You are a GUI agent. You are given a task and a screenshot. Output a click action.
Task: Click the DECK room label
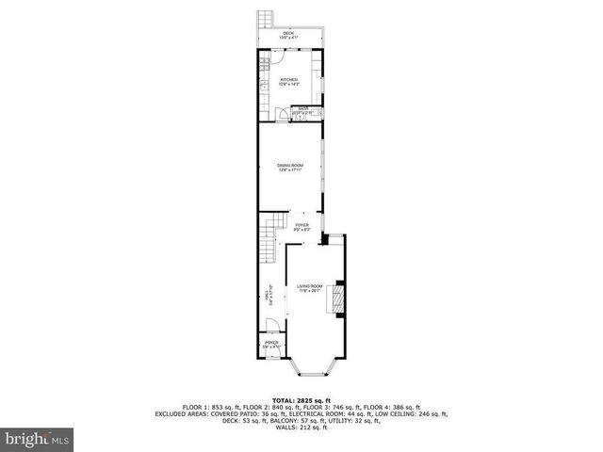(x=288, y=33)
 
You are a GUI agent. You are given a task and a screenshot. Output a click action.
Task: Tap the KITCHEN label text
(x=289, y=79)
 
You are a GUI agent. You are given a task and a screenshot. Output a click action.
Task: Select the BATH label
(x=303, y=109)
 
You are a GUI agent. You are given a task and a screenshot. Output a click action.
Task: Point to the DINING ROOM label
(x=290, y=166)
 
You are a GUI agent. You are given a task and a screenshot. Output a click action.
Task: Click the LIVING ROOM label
(x=309, y=285)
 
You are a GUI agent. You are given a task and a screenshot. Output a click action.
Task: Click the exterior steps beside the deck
(x=265, y=19)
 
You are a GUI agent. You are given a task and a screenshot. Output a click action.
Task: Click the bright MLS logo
(x=37, y=438)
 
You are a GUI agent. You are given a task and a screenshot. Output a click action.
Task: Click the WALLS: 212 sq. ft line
(x=301, y=428)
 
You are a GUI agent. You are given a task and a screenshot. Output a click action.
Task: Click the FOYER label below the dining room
(x=301, y=225)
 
